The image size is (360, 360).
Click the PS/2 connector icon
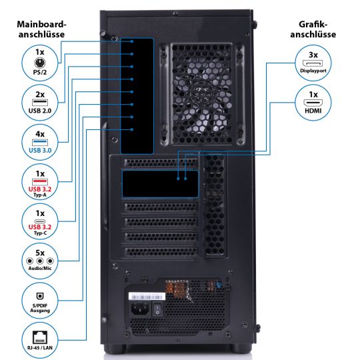pyautogui.click(x=40, y=63)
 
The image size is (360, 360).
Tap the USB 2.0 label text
pyautogui.click(x=40, y=111)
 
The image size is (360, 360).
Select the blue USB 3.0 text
pyautogui.click(x=40, y=151)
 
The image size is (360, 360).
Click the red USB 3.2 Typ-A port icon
pyautogui.click(x=40, y=182)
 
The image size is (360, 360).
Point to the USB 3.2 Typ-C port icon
pyautogui.click(x=40, y=221)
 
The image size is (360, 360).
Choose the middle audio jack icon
pyautogui.click(x=40, y=261)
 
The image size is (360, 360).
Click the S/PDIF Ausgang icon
pyautogui.click(x=40, y=296)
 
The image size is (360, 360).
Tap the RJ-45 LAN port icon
pyautogui.click(x=40, y=337)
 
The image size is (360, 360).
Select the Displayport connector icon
pyautogui.click(x=313, y=63)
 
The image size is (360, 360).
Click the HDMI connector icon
pyautogui.click(x=313, y=103)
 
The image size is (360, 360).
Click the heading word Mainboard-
pyautogui.click(x=41, y=25)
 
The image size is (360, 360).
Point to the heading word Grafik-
pyautogui.click(x=313, y=25)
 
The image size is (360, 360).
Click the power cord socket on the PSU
pyautogui.click(x=140, y=309)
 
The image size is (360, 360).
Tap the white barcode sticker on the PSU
pyautogui.click(x=147, y=297)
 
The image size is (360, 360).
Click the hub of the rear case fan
pyautogui.click(x=201, y=94)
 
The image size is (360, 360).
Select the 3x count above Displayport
pyautogui.click(x=313, y=55)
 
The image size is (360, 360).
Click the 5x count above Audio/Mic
pyautogui.click(x=40, y=253)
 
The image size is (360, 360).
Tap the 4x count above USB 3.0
pyautogui.click(x=40, y=134)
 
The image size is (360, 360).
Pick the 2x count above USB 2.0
pyautogui.click(x=40, y=95)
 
